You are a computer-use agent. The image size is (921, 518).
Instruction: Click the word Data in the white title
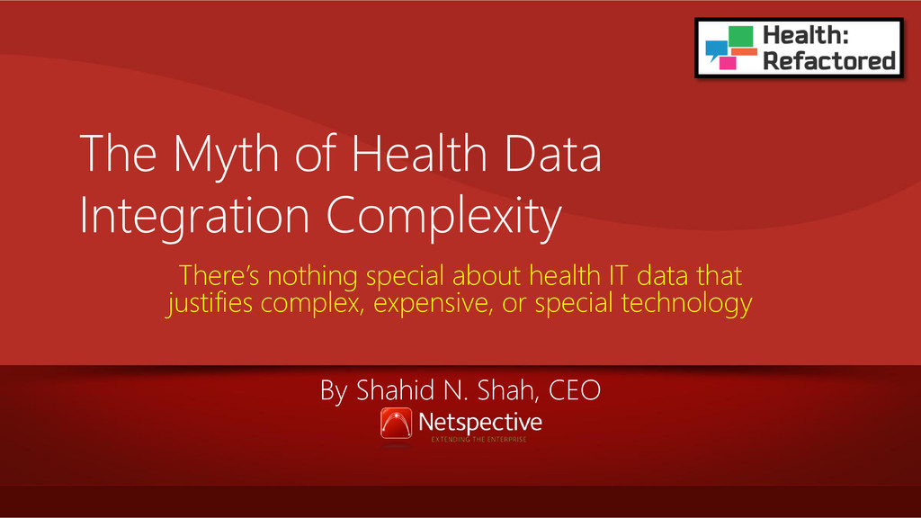tap(553, 153)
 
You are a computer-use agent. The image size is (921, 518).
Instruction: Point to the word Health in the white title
tap(419, 153)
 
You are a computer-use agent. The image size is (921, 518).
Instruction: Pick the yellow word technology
tap(686, 304)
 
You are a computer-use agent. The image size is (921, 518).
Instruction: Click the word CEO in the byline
tap(575, 390)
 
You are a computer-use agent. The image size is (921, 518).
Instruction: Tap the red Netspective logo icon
tap(396, 424)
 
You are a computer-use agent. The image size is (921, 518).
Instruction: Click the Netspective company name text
tap(480, 423)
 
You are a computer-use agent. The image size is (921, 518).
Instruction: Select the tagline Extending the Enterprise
tap(478, 439)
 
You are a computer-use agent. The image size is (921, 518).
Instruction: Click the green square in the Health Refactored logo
tap(741, 36)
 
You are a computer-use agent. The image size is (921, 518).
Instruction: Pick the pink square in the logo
tap(728, 63)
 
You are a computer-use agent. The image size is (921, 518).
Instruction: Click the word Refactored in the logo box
tap(828, 61)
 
